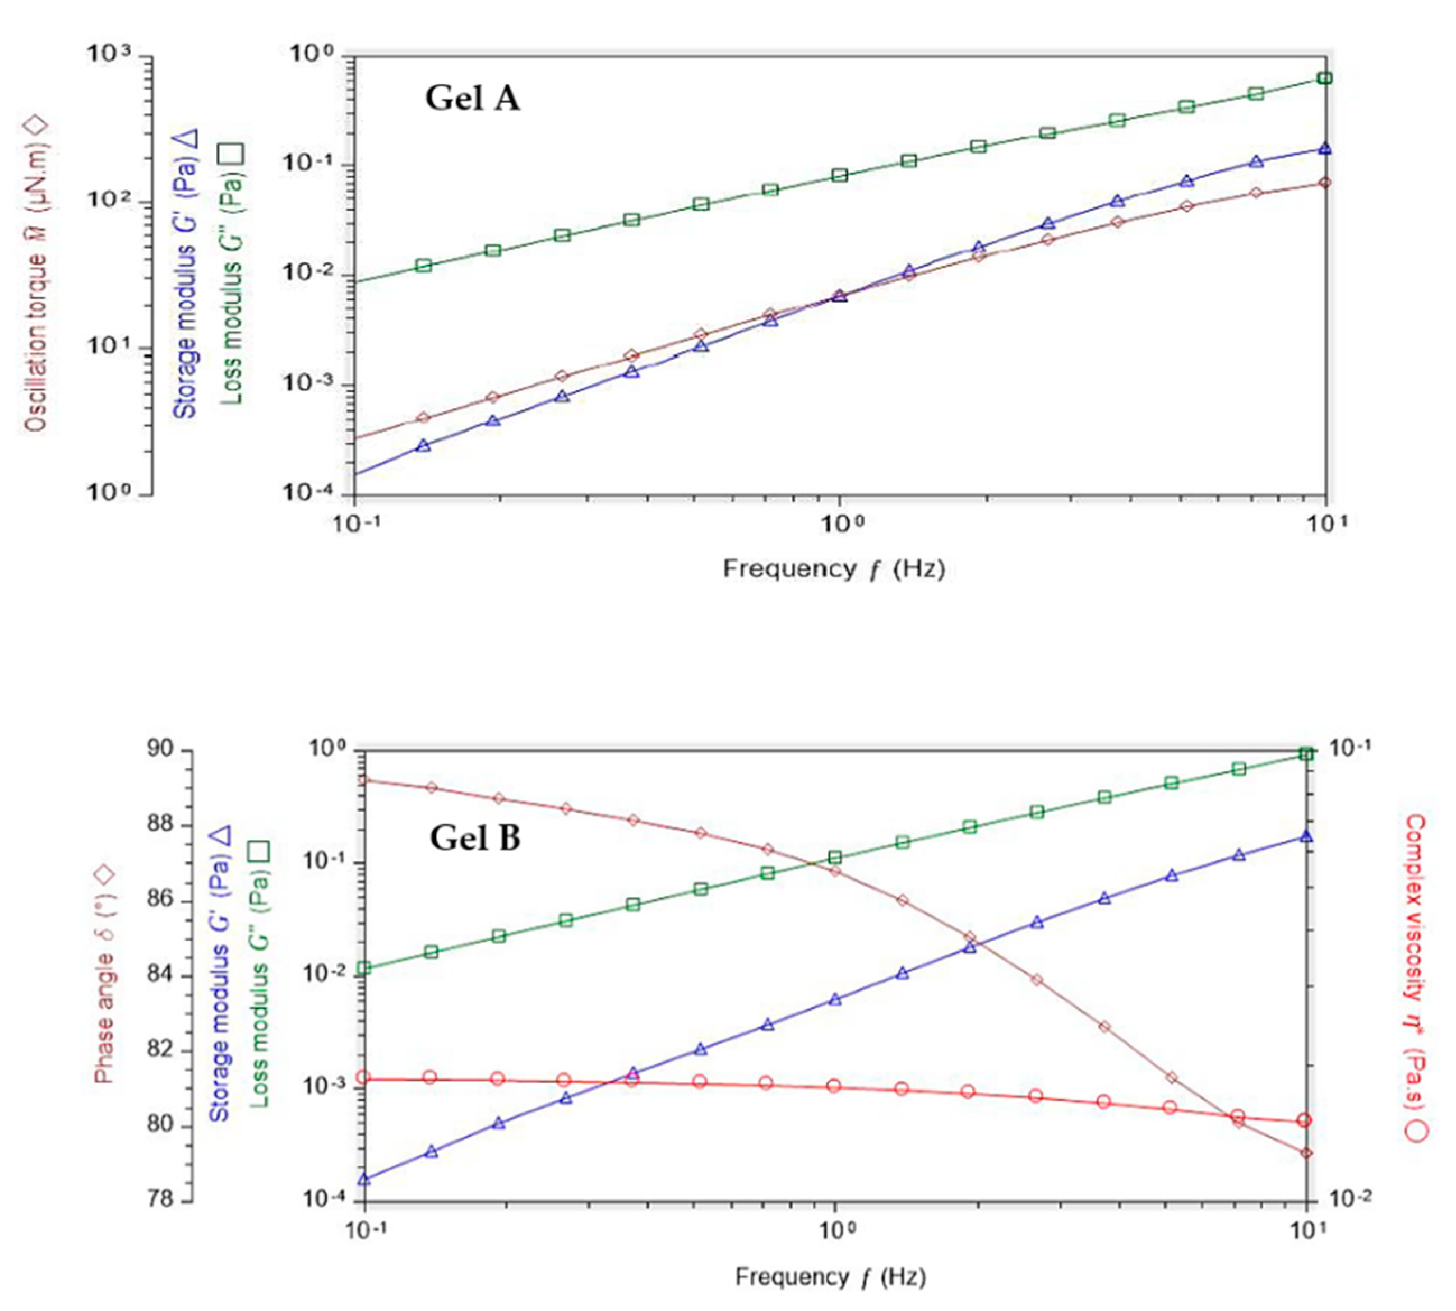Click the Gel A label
[x=472, y=98]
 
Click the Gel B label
[x=475, y=839]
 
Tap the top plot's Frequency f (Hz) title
[x=834, y=569]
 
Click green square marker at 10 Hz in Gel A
[x=1324, y=78]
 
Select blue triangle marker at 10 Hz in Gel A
[x=1324, y=149]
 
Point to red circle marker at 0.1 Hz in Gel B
[x=364, y=1078]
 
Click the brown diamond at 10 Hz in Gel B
[x=1305, y=1154]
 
